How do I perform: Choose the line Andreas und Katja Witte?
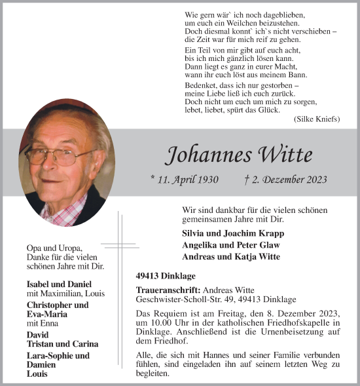click(231, 257)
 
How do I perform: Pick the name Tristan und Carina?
click(63, 344)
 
